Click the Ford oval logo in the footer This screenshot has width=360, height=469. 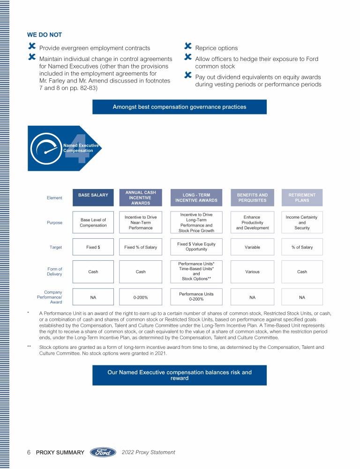coord(103,453)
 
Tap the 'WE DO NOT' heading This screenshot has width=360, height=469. coord(45,35)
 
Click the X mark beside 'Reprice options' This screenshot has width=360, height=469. coord(188,46)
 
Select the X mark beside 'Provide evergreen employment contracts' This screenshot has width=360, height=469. coord(32,46)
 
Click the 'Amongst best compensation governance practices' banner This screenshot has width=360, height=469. coord(179,107)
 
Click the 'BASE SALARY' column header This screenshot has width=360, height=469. coord(93,196)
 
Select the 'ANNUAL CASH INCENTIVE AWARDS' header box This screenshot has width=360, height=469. coord(141,198)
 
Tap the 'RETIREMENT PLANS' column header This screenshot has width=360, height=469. coord(302,198)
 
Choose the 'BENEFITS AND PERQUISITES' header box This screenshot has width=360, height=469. coord(252,198)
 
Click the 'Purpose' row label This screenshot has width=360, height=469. coord(54,223)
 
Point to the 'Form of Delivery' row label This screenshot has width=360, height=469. coord(54,272)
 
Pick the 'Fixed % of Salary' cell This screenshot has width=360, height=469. coord(141,247)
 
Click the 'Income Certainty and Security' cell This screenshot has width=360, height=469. coord(302,223)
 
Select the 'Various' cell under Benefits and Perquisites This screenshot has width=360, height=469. coord(252,272)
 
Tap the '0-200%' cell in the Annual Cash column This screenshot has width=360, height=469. coord(141,297)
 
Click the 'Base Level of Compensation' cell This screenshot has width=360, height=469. coord(93,223)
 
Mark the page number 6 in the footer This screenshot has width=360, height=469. coord(29,453)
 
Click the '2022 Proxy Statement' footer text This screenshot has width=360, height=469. coord(148,453)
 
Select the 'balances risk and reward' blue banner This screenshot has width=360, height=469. coord(179,375)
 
